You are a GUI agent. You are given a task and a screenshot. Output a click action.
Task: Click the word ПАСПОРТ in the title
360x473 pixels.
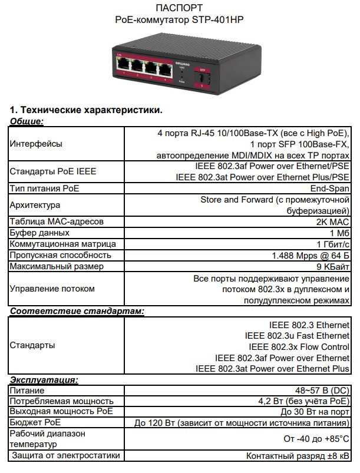180,8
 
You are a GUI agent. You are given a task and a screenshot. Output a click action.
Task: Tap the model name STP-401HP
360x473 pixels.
217,19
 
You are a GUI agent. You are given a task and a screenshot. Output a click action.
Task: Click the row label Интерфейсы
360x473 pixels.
35,144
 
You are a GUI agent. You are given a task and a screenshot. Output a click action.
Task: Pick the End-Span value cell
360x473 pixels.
330,188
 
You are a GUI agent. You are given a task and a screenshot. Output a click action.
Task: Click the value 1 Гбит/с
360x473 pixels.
333,244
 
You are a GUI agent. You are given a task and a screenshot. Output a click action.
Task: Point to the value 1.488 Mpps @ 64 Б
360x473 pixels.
311,255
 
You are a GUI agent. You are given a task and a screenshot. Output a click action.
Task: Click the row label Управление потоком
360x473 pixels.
52,289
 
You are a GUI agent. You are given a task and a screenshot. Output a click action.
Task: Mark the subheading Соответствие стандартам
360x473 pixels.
77,310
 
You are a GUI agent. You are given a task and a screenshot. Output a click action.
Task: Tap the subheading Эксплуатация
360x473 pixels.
44,380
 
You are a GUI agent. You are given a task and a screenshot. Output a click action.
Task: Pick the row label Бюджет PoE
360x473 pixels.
35,422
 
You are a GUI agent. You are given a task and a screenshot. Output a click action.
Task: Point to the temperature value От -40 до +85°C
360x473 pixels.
316,439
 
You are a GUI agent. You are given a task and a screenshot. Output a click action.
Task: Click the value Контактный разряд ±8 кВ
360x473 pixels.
298,456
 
